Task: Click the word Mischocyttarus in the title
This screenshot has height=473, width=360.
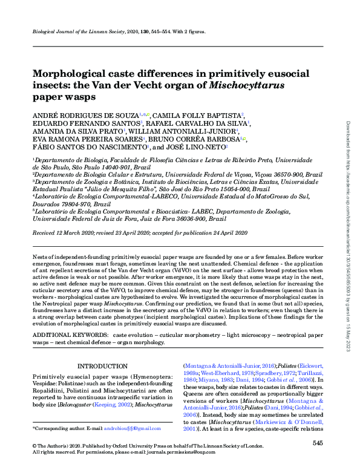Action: point(246,85)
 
